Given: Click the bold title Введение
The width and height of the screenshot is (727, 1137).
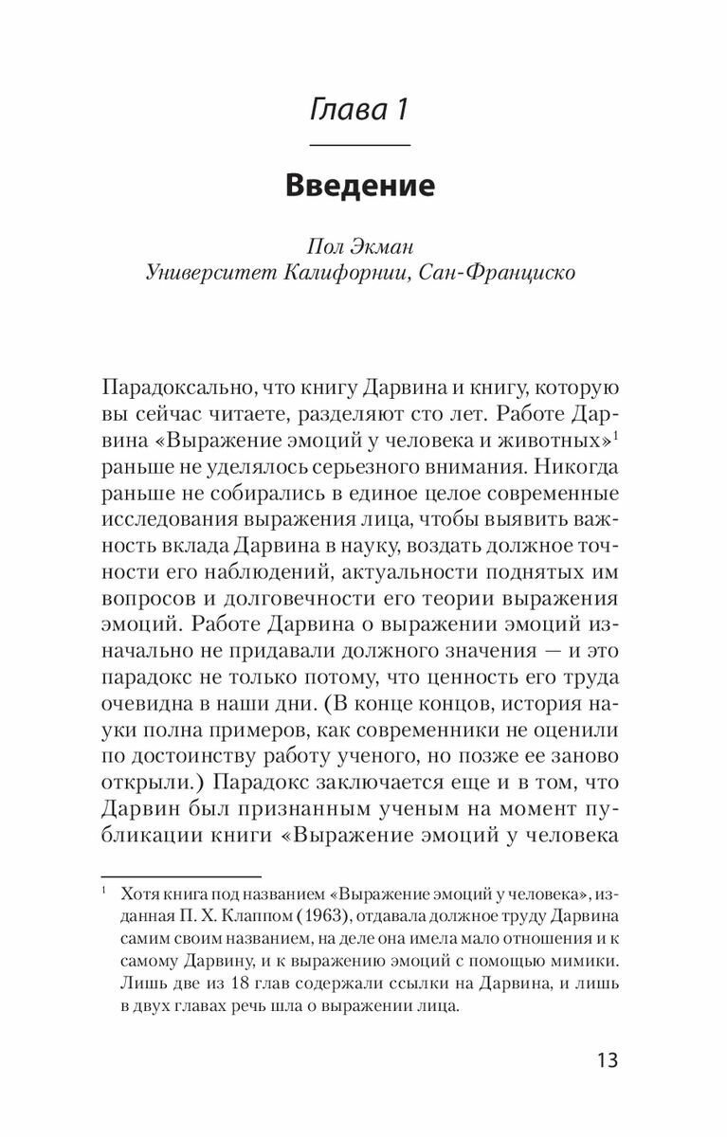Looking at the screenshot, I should click(x=360, y=185).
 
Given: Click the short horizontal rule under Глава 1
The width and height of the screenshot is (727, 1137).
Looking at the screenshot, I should click(x=360, y=144).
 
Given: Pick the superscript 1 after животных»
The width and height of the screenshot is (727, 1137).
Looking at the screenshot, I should click(x=616, y=434).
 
